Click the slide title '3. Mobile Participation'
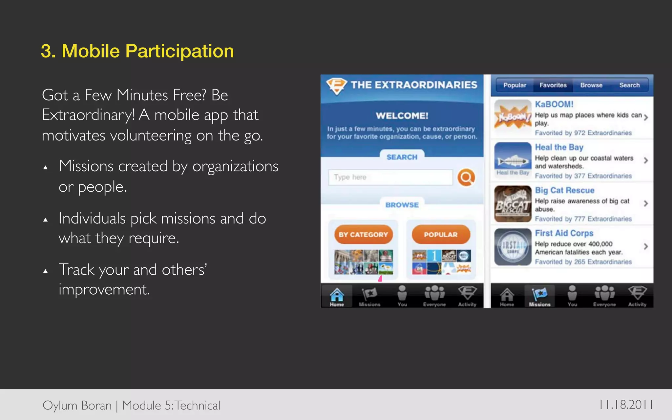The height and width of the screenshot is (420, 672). [x=137, y=51]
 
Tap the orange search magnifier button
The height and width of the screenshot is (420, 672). [x=466, y=178]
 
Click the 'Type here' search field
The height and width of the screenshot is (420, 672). [x=390, y=178]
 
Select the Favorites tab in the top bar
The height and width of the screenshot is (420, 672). [x=553, y=85]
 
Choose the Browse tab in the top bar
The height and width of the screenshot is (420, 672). [x=591, y=85]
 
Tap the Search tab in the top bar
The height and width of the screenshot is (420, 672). [x=629, y=85]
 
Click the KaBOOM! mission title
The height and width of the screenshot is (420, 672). [x=554, y=104]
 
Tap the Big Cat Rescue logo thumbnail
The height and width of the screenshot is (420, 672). [x=513, y=204]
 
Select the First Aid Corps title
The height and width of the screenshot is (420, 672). [x=564, y=233]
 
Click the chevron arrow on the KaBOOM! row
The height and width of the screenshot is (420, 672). [x=645, y=117]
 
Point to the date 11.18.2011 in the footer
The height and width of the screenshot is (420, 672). [x=626, y=405]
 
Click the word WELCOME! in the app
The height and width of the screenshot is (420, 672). [x=402, y=116]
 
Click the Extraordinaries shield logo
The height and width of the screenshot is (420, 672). [x=336, y=86]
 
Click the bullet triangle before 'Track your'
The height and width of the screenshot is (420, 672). [x=46, y=271]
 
